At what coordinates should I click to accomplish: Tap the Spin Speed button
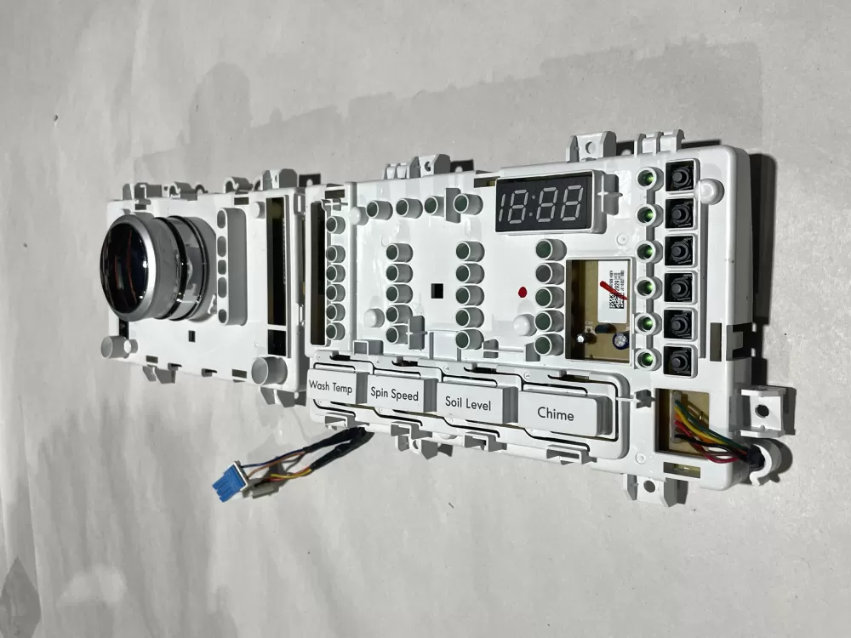tap(395, 395)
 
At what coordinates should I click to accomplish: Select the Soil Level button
tap(468, 404)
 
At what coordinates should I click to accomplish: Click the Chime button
tap(557, 414)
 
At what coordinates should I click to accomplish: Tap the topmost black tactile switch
tap(680, 176)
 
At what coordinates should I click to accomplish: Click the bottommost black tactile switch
tap(679, 361)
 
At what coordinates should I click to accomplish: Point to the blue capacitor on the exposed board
tap(621, 339)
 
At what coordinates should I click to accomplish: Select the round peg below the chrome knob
tap(116, 346)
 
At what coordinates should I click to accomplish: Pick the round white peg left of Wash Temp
tap(270, 370)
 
